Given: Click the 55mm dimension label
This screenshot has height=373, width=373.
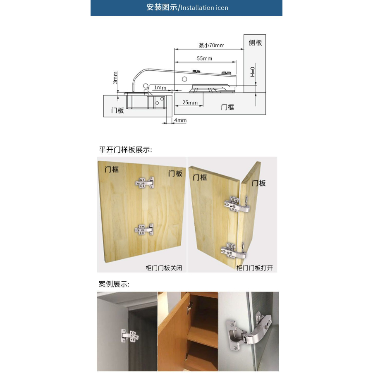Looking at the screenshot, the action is click(x=204, y=59).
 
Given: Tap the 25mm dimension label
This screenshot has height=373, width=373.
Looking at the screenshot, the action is click(x=190, y=103).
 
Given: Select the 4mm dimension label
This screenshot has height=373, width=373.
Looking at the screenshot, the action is click(x=180, y=120).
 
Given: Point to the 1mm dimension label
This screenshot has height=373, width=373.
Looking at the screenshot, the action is click(x=160, y=88).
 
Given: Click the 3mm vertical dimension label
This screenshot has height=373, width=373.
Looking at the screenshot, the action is click(x=115, y=78).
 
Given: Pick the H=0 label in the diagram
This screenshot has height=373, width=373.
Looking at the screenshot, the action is click(x=252, y=72).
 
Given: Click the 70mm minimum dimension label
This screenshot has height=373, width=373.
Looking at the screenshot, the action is click(x=211, y=45).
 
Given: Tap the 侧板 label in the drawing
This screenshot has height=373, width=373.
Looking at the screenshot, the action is click(x=255, y=43).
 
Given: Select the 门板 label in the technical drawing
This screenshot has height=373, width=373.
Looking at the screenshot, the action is click(x=117, y=110).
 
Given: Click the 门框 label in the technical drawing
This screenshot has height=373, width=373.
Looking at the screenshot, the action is click(x=227, y=107).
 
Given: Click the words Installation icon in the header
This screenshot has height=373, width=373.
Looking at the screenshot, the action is click(x=204, y=8).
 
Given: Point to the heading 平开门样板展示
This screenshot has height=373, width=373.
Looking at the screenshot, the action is click(x=125, y=150).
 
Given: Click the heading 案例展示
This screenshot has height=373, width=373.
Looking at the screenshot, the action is click(x=114, y=284).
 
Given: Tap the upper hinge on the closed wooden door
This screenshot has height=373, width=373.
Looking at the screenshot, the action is click(x=145, y=183).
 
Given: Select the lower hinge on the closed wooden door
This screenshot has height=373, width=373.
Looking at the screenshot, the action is click(x=144, y=230).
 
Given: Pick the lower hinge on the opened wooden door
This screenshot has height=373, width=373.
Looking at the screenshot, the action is click(x=233, y=251).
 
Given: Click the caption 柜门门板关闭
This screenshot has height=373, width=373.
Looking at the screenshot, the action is click(x=164, y=268).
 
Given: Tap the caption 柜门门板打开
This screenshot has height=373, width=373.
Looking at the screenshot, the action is click(x=255, y=268).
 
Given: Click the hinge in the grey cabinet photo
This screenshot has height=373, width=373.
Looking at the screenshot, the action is click(x=130, y=336).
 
